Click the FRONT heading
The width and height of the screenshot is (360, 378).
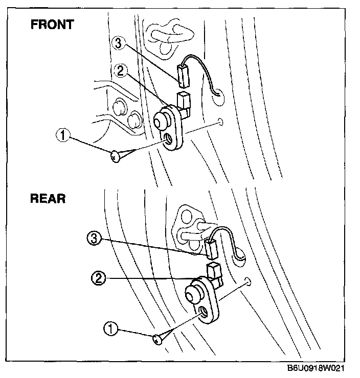click(x=52, y=24)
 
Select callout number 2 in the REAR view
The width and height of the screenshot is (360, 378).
click(x=98, y=278)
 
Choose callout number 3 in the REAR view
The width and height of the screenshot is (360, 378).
click(x=94, y=238)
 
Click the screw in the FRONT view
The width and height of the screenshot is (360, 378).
click(x=116, y=155)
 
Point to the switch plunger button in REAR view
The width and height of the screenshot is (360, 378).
click(x=193, y=294)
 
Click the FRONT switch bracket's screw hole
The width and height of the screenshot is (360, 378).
click(x=169, y=138)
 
